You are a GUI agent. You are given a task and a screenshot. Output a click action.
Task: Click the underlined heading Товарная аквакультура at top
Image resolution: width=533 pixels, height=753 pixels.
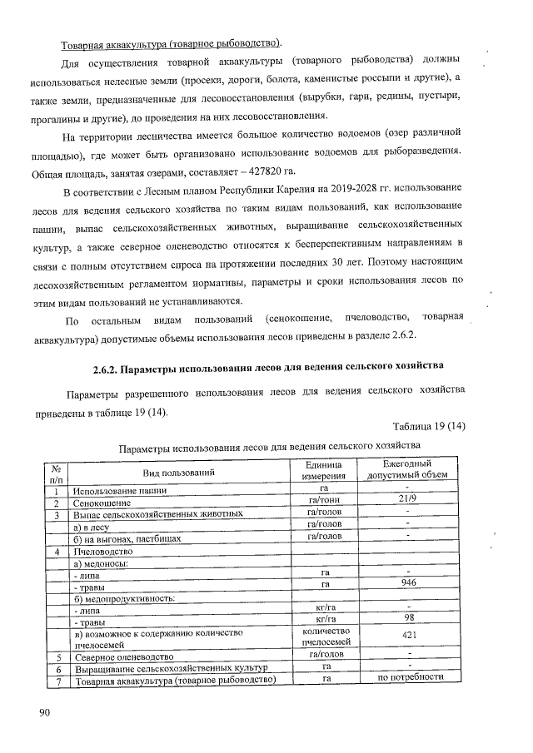tap(170, 43)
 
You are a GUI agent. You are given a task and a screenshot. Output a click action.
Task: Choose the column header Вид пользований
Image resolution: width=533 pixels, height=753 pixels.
tap(178, 472)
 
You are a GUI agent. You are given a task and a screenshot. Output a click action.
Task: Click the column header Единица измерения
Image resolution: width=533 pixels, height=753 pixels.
tap(324, 470)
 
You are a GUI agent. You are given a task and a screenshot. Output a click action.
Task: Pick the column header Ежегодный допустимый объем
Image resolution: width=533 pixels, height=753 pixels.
tap(406, 470)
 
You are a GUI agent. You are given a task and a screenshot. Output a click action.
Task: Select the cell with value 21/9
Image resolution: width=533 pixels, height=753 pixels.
tap(406, 498)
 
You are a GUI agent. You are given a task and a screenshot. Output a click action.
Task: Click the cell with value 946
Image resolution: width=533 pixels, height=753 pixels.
tap(406, 584)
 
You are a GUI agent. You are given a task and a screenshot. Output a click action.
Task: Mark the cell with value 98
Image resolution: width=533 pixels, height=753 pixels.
tap(406, 619)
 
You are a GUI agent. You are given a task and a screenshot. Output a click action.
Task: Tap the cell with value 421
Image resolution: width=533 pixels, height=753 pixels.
tap(406, 637)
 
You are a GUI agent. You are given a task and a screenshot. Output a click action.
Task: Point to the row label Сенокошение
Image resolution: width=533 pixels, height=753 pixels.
tap(102, 503)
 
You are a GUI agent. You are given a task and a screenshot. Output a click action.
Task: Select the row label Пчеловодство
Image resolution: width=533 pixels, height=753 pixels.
tap(104, 551)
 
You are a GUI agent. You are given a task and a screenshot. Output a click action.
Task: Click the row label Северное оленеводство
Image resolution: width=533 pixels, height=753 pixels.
tap(127, 657)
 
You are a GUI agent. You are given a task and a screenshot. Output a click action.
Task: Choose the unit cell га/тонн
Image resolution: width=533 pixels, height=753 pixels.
tap(324, 499)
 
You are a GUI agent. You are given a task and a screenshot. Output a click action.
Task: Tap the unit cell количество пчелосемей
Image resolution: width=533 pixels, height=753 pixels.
tap(324, 637)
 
